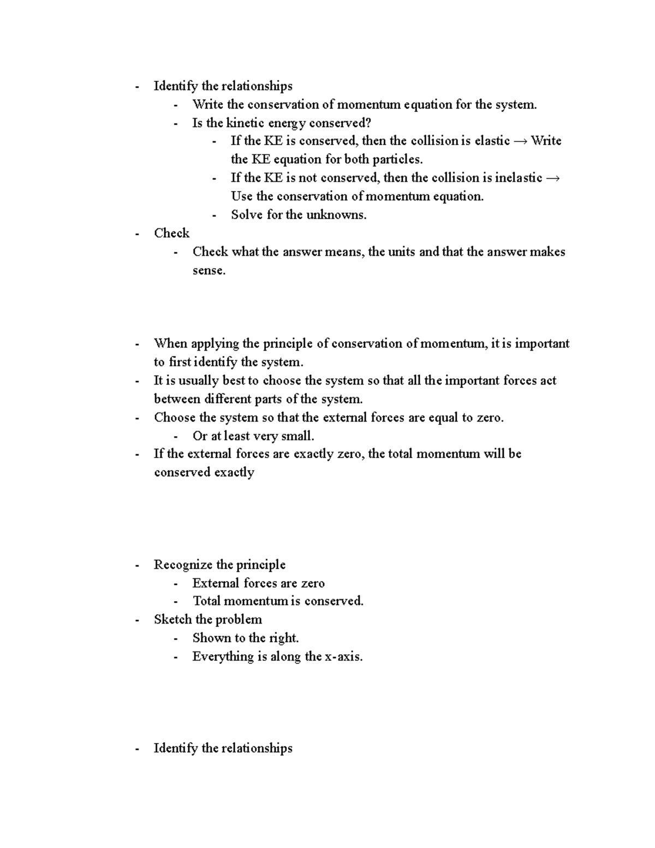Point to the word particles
coord(397,159)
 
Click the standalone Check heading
coord(171,233)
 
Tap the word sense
coord(208,270)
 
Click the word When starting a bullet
coord(170,343)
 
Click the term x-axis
coord(343,656)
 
